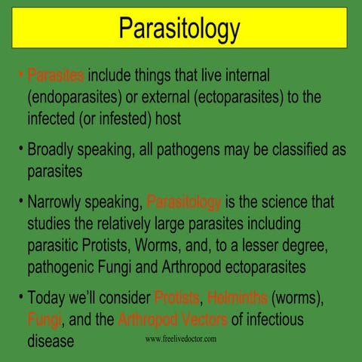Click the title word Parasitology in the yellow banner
180,29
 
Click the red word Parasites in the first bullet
57,76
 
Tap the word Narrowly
57,203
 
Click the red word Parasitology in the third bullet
184,203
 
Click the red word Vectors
201,319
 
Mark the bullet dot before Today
20,296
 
